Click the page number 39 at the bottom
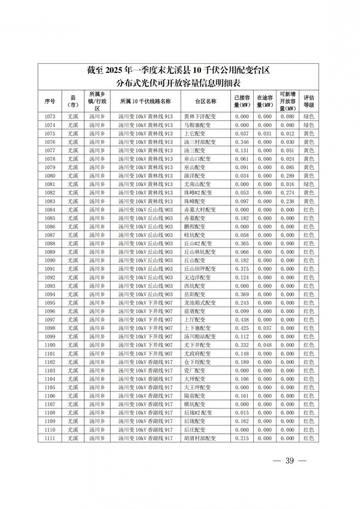click(289, 461)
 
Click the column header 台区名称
click(206, 101)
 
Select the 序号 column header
click(50, 101)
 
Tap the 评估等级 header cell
click(309, 101)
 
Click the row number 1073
click(50, 117)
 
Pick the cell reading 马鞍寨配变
click(197, 125)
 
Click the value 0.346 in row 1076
click(242, 142)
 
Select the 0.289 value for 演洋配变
click(287, 176)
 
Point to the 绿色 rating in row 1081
click(309, 184)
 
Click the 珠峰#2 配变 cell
click(198, 193)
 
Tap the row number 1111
click(50, 438)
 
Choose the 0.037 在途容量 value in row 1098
click(265, 328)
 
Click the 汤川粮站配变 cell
click(200, 337)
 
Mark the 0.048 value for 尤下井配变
click(265, 345)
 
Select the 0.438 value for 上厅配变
click(242, 320)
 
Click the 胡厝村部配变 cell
click(200, 438)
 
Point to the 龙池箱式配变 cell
click(200, 303)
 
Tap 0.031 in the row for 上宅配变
click(265, 134)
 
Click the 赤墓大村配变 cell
click(200, 210)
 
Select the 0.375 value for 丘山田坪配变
click(242, 269)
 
